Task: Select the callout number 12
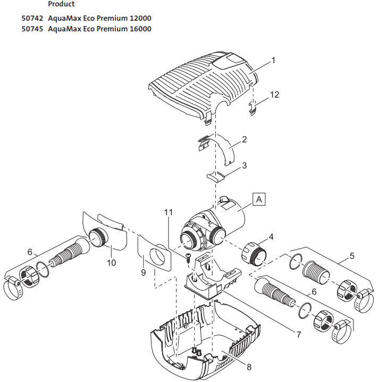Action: [x=274, y=95]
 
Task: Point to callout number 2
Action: [x=244, y=140]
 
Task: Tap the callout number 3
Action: [x=244, y=166]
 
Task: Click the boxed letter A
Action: [x=259, y=199]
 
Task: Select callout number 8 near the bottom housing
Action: [x=249, y=366]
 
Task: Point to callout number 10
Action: [x=111, y=262]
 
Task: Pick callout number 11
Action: [x=169, y=213]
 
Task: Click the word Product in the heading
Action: [x=61, y=4]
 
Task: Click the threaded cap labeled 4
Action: [x=254, y=254]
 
